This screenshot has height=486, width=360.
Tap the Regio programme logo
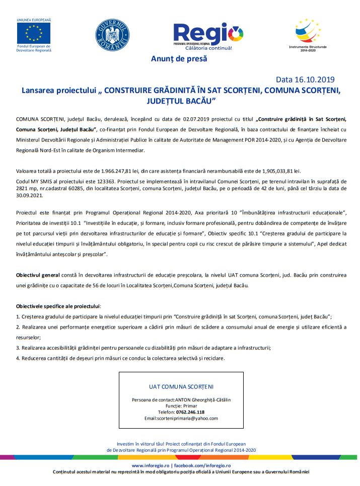tap(208, 35)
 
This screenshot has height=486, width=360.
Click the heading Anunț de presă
tap(179, 59)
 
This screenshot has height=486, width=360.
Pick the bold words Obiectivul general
tap(38, 276)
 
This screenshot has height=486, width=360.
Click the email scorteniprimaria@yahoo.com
tap(181, 418)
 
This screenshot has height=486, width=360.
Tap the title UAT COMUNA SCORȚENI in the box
tap(181, 387)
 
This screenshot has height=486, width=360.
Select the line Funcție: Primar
tap(181, 406)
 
